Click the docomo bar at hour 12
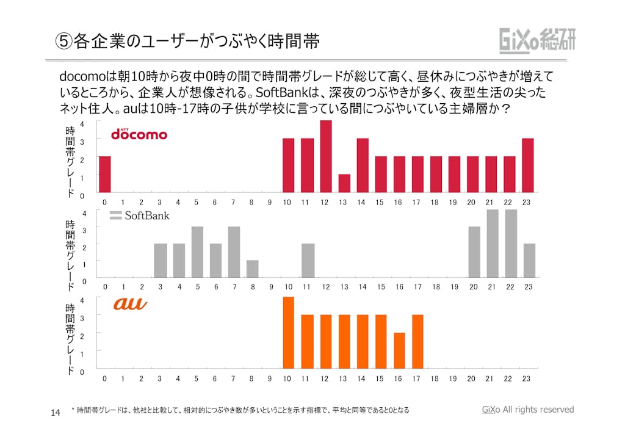point(326,156)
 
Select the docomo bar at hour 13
point(344,183)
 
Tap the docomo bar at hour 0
point(105,174)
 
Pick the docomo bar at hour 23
point(528,165)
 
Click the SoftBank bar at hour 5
point(197,252)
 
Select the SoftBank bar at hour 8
point(252,269)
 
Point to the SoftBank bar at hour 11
point(308,261)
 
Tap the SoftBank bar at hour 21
point(492,244)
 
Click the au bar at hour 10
point(289,333)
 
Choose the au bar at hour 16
point(399,350)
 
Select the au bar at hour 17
point(417,342)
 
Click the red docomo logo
point(139,134)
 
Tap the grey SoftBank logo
point(140,216)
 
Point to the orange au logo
point(130,303)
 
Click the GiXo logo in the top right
point(537,40)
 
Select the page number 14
point(55,413)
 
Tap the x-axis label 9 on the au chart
point(270,379)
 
